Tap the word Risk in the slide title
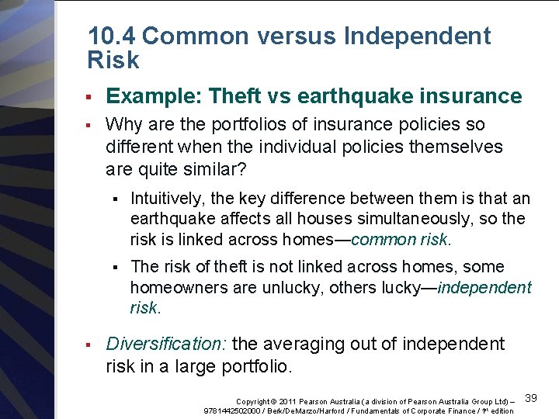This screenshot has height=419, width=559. point(114,61)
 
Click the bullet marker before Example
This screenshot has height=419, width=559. point(89,97)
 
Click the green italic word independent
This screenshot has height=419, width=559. point(484,288)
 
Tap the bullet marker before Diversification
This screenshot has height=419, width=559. point(89,344)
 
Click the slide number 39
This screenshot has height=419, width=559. point(531,398)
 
